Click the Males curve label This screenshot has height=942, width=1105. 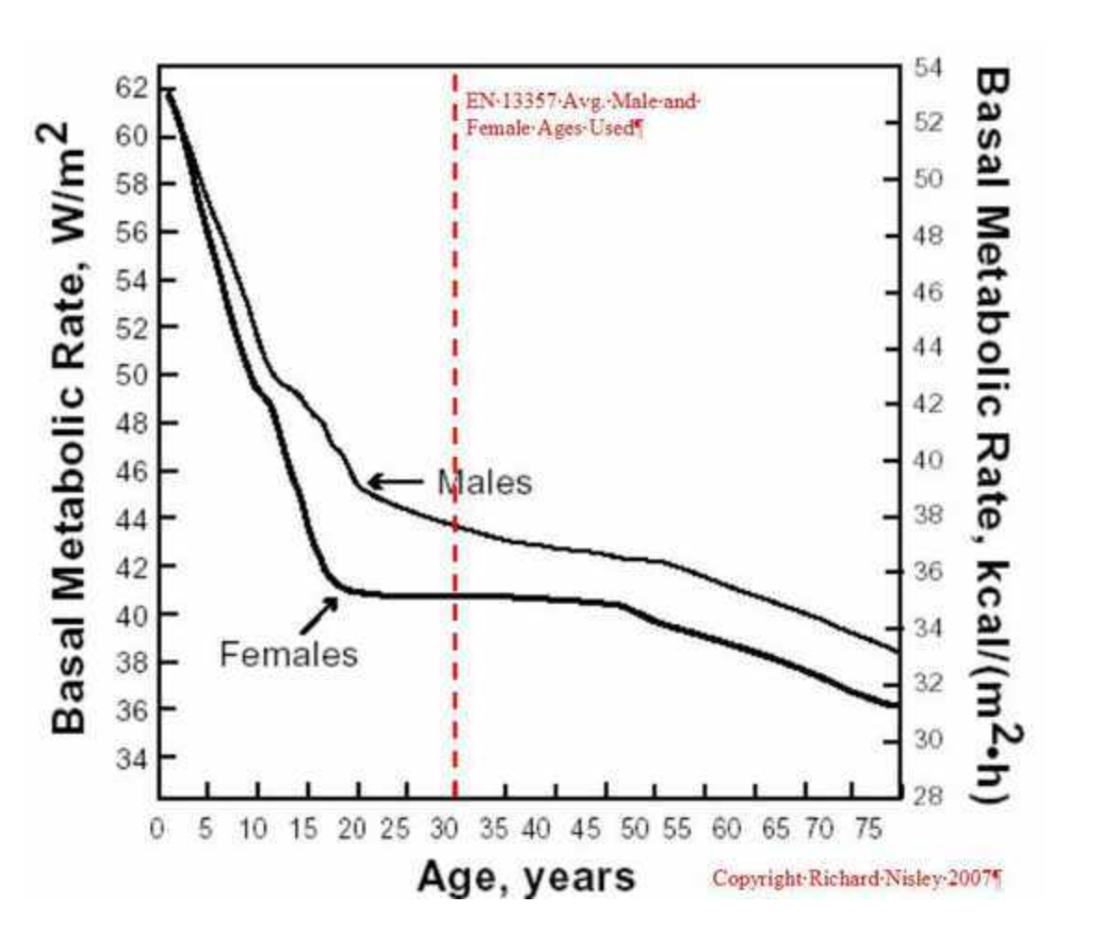coord(485,482)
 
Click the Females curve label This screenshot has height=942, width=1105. coord(288,654)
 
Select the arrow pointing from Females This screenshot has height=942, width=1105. coord(318,614)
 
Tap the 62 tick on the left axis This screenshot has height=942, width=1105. coord(131,89)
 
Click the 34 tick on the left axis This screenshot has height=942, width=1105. coord(131,758)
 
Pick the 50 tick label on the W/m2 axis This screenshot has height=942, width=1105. coord(131,375)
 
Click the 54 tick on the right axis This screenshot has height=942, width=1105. coord(927,68)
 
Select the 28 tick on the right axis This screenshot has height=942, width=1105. coord(927,795)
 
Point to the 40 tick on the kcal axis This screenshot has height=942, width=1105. coord(927,460)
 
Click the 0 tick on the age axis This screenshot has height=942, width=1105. coord(158,829)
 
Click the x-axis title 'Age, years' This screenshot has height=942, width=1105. coord(526,876)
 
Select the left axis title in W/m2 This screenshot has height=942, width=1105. coord(72,429)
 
